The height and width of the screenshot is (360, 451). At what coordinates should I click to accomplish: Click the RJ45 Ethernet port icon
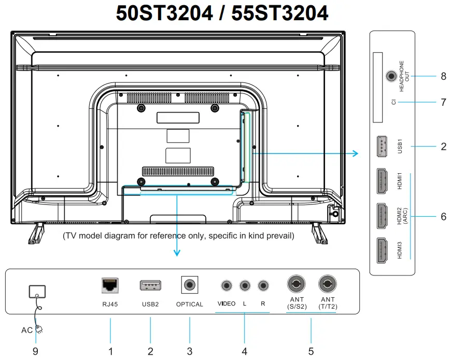(x=110, y=285)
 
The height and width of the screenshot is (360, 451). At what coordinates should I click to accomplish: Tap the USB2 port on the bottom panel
(x=150, y=285)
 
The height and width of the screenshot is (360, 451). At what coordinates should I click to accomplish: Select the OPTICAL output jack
(x=190, y=285)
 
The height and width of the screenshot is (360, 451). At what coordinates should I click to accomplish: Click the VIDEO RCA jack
(x=226, y=285)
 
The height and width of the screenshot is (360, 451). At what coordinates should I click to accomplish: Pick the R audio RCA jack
(x=263, y=285)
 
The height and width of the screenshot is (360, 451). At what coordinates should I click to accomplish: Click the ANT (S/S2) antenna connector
(x=297, y=284)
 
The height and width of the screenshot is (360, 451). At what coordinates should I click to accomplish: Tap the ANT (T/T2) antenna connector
(x=328, y=284)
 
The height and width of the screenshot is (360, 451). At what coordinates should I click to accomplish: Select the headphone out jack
(x=391, y=76)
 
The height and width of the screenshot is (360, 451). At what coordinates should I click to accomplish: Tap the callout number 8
(x=443, y=76)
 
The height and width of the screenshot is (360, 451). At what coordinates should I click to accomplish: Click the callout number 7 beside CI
(x=443, y=102)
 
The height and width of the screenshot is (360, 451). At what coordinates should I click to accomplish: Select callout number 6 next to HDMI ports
(x=443, y=217)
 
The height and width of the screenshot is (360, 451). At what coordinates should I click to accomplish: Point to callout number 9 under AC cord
(x=35, y=351)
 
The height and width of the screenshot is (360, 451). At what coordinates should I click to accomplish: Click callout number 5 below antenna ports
(x=311, y=351)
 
